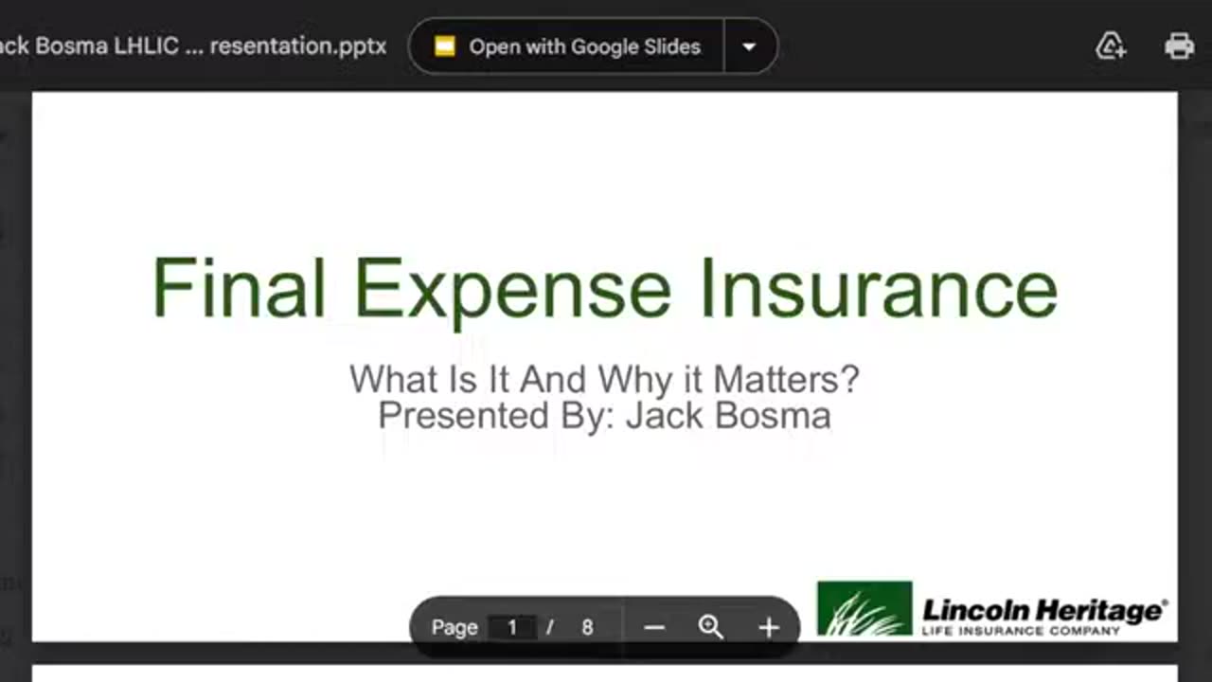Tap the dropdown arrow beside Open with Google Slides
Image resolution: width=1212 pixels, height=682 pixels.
(749, 46)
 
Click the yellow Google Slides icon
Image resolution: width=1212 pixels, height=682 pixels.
(445, 46)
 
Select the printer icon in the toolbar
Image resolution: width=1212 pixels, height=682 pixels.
(1179, 46)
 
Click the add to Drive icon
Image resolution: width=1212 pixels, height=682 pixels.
(1110, 46)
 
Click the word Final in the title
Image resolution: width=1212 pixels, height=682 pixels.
(239, 288)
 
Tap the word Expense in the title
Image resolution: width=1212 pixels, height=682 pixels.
(513, 288)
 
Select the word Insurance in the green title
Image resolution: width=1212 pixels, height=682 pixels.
(878, 288)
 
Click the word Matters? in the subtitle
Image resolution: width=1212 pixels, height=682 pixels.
(786, 380)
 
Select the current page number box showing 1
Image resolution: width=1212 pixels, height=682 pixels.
(512, 627)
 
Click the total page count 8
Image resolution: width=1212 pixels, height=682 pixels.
(587, 627)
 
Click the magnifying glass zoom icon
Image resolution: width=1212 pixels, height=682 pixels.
(710, 627)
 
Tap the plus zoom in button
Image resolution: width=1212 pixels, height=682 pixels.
(769, 627)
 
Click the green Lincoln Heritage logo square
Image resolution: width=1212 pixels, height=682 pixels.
(864, 608)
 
